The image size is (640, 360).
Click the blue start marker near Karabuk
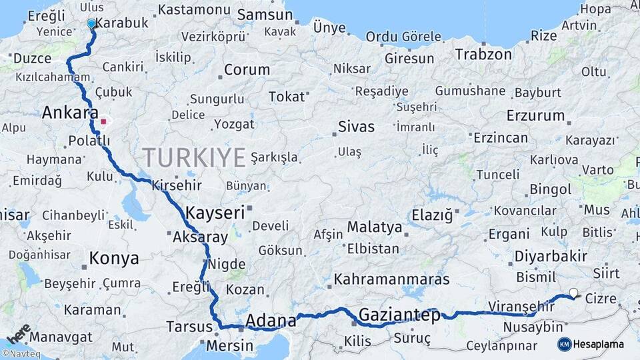(x=91, y=23)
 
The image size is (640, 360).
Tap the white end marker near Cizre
(x=573, y=292)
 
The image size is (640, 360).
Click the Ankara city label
(x=70, y=112)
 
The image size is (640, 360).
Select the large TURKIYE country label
(x=194, y=157)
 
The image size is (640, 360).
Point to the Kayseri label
(x=215, y=213)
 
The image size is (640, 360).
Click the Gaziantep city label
(x=399, y=315)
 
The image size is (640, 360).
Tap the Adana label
(x=271, y=321)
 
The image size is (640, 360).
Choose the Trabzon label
(x=483, y=54)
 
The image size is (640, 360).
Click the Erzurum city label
(x=535, y=115)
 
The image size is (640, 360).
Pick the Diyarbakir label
(x=551, y=256)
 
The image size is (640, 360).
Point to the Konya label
(x=114, y=258)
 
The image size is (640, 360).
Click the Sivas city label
(x=356, y=126)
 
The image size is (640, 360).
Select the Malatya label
(x=374, y=227)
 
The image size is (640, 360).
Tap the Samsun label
(x=261, y=14)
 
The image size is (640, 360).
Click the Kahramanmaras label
(x=392, y=279)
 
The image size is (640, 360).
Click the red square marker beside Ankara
(x=103, y=122)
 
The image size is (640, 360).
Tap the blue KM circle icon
(x=564, y=344)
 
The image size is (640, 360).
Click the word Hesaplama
(x=599, y=345)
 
